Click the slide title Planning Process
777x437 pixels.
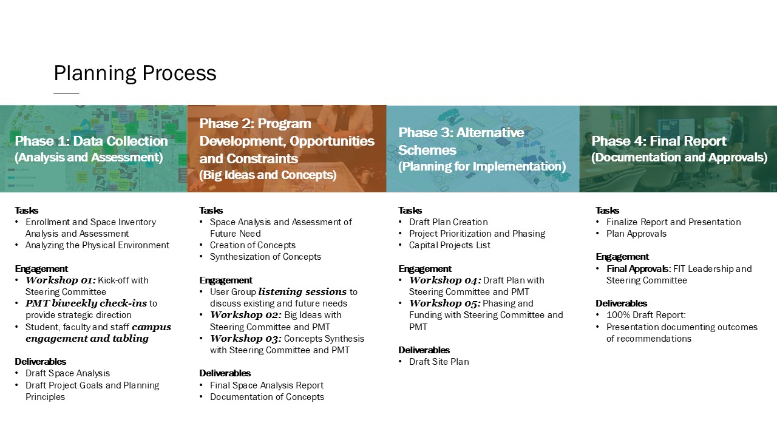pos(135,73)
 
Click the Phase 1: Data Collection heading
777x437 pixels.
pos(91,141)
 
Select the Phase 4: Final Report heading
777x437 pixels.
pos(659,141)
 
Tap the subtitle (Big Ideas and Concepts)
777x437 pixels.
pos(268,175)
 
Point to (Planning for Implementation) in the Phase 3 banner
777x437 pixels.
pos(482,166)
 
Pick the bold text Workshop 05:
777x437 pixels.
pos(444,303)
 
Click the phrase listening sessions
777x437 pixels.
pos(302,292)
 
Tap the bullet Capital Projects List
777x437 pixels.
pos(449,245)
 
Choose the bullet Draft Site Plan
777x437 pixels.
pos(439,362)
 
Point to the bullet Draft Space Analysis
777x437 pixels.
pos(67,373)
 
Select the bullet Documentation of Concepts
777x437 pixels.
pos(266,397)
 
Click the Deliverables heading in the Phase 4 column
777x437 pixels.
pos(621,303)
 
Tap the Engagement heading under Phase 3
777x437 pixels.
pos(425,269)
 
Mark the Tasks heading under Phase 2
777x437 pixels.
pos(211,211)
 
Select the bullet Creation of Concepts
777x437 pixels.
pos(253,245)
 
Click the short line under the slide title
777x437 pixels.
pos(66,93)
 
